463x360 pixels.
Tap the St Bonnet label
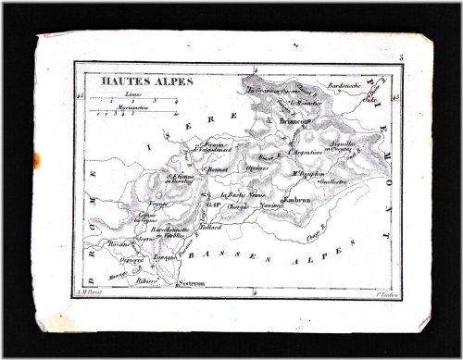(x=217, y=172)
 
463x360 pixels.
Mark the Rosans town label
(x=119, y=243)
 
